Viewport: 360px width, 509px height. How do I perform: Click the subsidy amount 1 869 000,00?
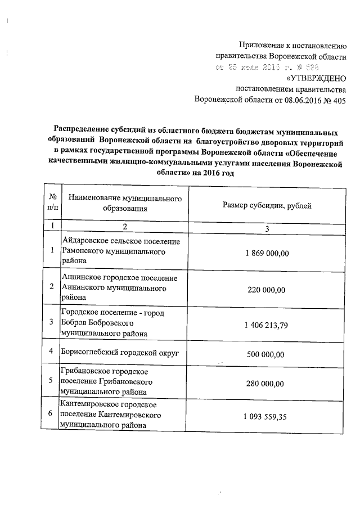point(267,254)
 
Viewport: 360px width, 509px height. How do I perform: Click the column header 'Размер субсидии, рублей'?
point(267,205)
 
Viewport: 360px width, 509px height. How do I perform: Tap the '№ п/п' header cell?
point(52,203)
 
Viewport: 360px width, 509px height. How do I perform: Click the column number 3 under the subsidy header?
point(267,228)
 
